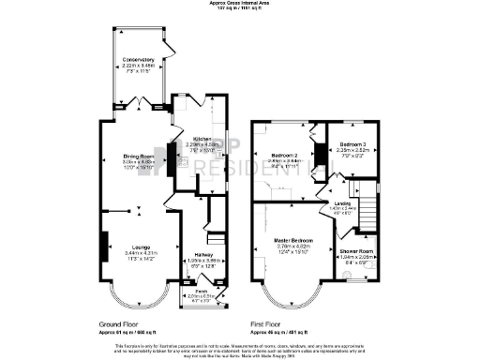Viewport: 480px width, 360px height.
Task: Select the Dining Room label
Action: coord(137,156)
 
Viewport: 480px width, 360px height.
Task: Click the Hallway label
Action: coord(202,253)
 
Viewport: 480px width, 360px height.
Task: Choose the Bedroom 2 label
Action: coord(285,155)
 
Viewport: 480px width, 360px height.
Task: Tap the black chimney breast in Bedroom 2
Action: coord(314,152)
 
